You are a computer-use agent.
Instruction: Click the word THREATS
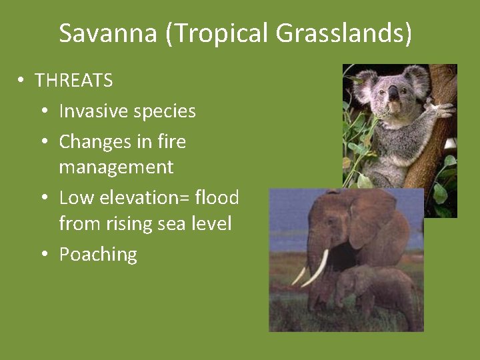[x=73, y=81]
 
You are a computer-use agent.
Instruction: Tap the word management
[x=116, y=167]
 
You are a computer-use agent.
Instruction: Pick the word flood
[x=217, y=197]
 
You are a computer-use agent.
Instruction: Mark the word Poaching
[x=98, y=254]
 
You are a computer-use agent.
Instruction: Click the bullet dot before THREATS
[x=21, y=81]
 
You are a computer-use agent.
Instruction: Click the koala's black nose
[x=393, y=93]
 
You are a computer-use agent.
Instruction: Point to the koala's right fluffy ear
[x=417, y=78]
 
